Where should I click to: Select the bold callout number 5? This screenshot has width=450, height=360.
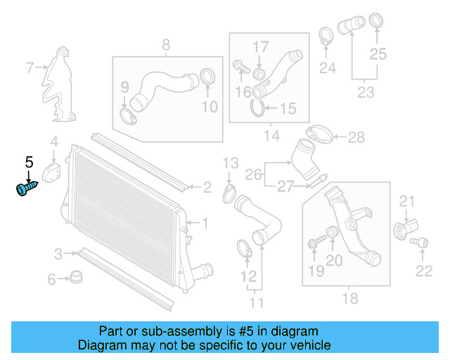(x=29, y=162)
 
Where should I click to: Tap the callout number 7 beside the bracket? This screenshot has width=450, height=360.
(x=30, y=68)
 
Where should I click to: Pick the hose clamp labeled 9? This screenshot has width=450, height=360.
(x=127, y=113)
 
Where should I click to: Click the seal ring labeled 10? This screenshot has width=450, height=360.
(x=208, y=77)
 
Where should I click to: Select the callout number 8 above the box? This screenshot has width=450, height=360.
(x=166, y=46)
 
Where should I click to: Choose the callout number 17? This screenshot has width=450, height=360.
(x=260, y=46)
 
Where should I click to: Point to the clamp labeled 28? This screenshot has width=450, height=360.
(x=319, y=133)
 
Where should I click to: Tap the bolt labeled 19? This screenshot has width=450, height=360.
(x=314, y=244)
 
